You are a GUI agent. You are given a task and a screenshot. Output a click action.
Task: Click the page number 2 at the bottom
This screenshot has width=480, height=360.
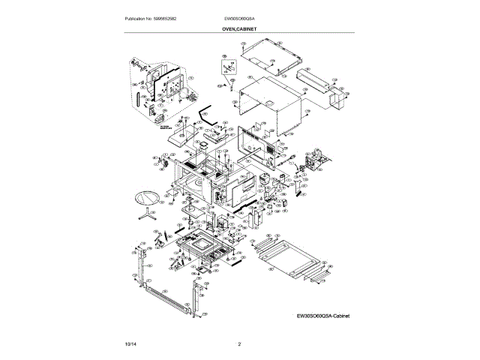coord(239,343)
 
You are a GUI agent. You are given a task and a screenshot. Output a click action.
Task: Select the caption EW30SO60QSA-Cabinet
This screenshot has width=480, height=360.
coord(323,316)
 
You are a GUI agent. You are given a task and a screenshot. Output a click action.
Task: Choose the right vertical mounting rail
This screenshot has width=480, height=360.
coord(196,300)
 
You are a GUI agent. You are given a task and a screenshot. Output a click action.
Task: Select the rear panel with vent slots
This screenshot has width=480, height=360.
coord(259,142)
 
